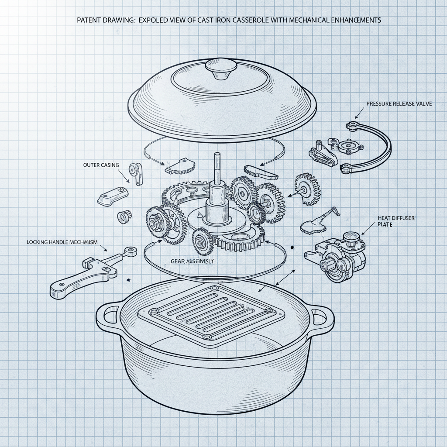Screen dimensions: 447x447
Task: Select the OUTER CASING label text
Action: (100, 165)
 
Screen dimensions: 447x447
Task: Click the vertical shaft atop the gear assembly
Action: (217, 170)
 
